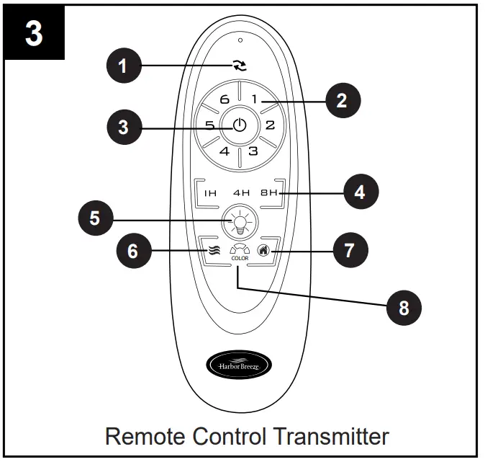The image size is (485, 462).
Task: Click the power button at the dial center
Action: [x=240, y=125]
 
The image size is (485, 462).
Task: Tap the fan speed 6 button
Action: [x=224, y=99]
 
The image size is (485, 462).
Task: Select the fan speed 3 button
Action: [x=253, y=151]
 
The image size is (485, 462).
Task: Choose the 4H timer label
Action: [x=240, y=193]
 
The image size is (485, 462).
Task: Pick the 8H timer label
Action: [x=269, y=193]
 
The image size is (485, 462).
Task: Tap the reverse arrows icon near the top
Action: [x=240, y=66]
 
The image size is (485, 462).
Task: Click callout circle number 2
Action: [x=342, y=100]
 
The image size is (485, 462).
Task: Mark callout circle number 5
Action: [x=95, y=218]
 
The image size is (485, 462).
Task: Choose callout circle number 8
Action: [x=403, y=308]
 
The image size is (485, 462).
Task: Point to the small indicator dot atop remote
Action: [x=240, y=40]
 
